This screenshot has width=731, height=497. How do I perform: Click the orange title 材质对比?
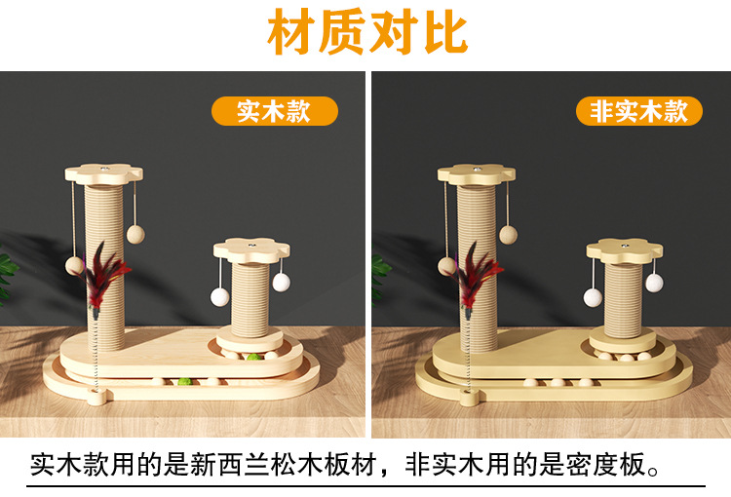(367, 32)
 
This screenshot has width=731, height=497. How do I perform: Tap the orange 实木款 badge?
(275, 111)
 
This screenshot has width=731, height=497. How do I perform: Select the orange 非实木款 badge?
(638, 111)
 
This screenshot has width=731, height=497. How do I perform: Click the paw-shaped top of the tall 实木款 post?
(103, 172)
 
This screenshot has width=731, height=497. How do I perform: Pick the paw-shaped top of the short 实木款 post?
(251, 249)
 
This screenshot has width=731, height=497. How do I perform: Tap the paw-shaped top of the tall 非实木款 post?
(476, 172)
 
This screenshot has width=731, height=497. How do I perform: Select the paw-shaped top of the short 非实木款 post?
(624, 249)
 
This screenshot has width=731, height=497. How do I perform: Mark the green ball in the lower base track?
(184, 382)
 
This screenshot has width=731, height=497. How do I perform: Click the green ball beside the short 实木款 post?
(253, 358)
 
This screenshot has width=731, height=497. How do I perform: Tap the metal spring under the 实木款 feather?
(96, 355)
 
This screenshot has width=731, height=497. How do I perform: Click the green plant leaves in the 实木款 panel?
(7, 275)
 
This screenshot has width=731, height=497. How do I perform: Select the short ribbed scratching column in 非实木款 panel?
(623, 299)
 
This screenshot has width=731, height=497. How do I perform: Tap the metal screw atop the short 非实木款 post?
(624, 244)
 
